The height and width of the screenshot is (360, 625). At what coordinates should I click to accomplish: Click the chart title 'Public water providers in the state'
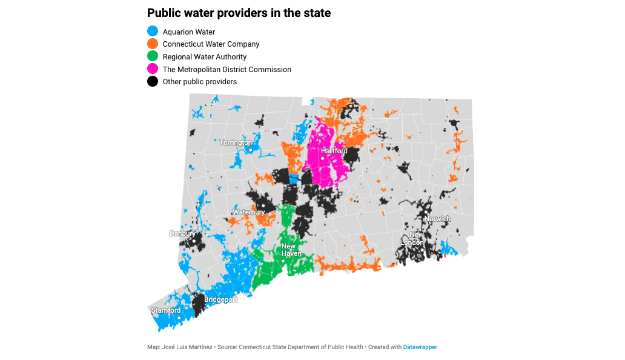(239, 13)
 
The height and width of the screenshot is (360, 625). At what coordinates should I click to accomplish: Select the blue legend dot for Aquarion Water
(153, 32)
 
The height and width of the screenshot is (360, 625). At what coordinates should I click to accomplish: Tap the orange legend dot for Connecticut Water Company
(153, 44)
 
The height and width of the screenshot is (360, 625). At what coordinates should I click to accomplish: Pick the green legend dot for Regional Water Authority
(153, 56)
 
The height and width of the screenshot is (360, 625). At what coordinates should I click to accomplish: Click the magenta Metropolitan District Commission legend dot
(153, 69)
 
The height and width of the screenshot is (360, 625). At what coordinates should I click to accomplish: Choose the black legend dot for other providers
(153, 81)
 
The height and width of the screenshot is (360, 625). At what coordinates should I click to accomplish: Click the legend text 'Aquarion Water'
(189, 32)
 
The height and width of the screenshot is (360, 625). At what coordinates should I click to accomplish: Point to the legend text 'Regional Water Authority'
(205, 57)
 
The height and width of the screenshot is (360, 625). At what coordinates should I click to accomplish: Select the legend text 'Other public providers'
(200, 82)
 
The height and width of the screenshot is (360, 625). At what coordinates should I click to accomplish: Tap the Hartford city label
(334, 150)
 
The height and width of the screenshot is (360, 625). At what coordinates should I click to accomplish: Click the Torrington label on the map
(236, 142)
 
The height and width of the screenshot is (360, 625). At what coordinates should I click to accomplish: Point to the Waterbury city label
(248, 212)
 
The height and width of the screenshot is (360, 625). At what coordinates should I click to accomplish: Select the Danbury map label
(182, 233)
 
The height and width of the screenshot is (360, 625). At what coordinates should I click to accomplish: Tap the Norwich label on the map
(437, 219)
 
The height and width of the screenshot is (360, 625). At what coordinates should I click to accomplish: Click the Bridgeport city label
(220, 299)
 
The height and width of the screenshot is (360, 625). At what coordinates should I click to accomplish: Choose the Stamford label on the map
(166, 310)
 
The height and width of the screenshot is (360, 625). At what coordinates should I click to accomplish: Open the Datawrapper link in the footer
(420, 347)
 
